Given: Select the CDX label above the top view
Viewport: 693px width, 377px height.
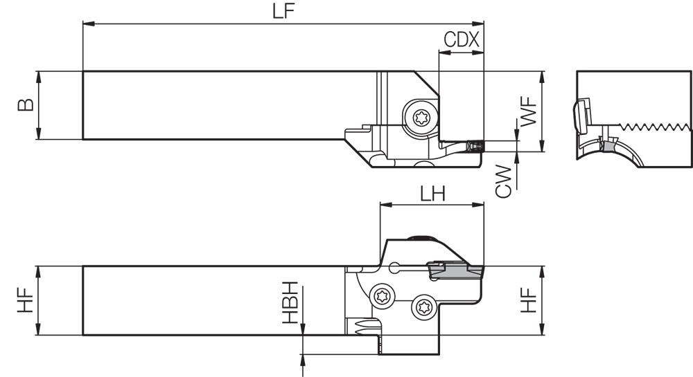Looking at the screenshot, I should pos(462,39).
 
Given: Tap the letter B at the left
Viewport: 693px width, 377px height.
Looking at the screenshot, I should pos(25,104).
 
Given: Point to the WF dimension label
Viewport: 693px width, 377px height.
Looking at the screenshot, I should pos(529,111).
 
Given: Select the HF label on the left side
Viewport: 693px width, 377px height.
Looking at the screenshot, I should pos(25,301).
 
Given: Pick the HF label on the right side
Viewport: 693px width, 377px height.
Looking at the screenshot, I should pos(529,301).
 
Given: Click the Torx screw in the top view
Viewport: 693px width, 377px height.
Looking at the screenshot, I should pos(421,118).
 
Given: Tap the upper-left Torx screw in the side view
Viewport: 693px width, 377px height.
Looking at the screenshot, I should pos(382,295).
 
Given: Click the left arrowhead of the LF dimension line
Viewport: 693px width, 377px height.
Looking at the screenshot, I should pos(87,25).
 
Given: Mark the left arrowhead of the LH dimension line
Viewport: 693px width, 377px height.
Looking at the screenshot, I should pos(383,205).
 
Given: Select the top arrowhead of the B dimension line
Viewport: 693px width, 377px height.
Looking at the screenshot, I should pos(40,75).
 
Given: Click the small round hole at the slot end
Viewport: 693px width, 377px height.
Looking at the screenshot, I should pos(394,266).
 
